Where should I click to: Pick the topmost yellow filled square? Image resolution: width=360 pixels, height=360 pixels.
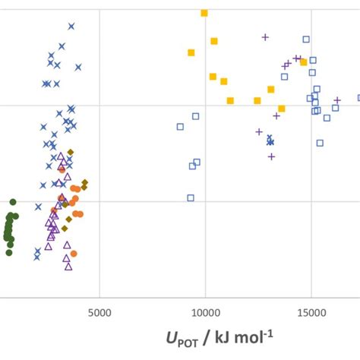pos(204,13)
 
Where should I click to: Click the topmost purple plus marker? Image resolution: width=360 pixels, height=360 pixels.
pos(265,36)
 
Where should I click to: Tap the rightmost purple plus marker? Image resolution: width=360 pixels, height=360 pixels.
pos(338,100)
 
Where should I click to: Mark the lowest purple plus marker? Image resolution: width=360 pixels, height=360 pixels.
pos(271,156)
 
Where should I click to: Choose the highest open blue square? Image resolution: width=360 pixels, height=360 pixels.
pos(306,39)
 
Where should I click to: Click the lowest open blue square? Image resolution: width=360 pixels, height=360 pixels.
pos(191,197)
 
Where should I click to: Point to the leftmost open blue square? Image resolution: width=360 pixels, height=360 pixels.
pos(180,127)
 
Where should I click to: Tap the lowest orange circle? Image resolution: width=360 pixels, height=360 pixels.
pos(74,254)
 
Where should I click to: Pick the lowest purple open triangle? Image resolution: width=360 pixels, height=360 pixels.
pos(68,266)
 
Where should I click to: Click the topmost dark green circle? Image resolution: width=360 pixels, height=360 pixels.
pos(13,202)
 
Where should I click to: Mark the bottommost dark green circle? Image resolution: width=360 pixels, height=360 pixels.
pos(9,252)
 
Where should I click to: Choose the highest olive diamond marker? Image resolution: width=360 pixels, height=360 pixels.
pos(71,152)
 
